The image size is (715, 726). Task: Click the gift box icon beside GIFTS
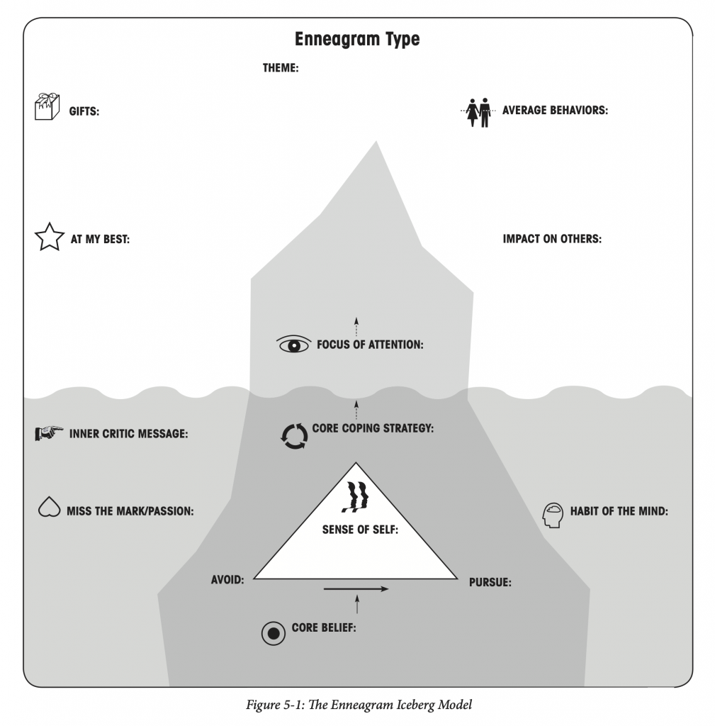coord(47,106)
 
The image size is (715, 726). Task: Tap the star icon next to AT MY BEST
coord(50,237)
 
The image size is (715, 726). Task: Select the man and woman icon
coord(478,112)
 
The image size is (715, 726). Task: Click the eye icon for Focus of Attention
coord(293,345)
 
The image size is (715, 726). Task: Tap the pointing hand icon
coord(49,433)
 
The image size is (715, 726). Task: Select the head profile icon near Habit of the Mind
coord(553,515)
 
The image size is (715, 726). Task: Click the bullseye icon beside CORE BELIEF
coord(274,633)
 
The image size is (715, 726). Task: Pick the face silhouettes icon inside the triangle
coord(356,497)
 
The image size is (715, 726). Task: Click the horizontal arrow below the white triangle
coord(356,589)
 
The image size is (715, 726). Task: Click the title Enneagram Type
coord(357,40)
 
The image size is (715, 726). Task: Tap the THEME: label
coord(281,68)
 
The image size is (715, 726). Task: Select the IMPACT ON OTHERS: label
coord(552,239)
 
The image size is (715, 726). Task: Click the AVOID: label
coord(227,580)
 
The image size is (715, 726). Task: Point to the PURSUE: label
coord(490,583)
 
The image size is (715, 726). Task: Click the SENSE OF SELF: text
coord(360,530)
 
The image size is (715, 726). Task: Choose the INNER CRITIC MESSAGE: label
coord(129,434)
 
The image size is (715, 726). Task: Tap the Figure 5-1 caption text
coord(359,705)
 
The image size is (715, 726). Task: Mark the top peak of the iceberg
coord(376,141)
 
